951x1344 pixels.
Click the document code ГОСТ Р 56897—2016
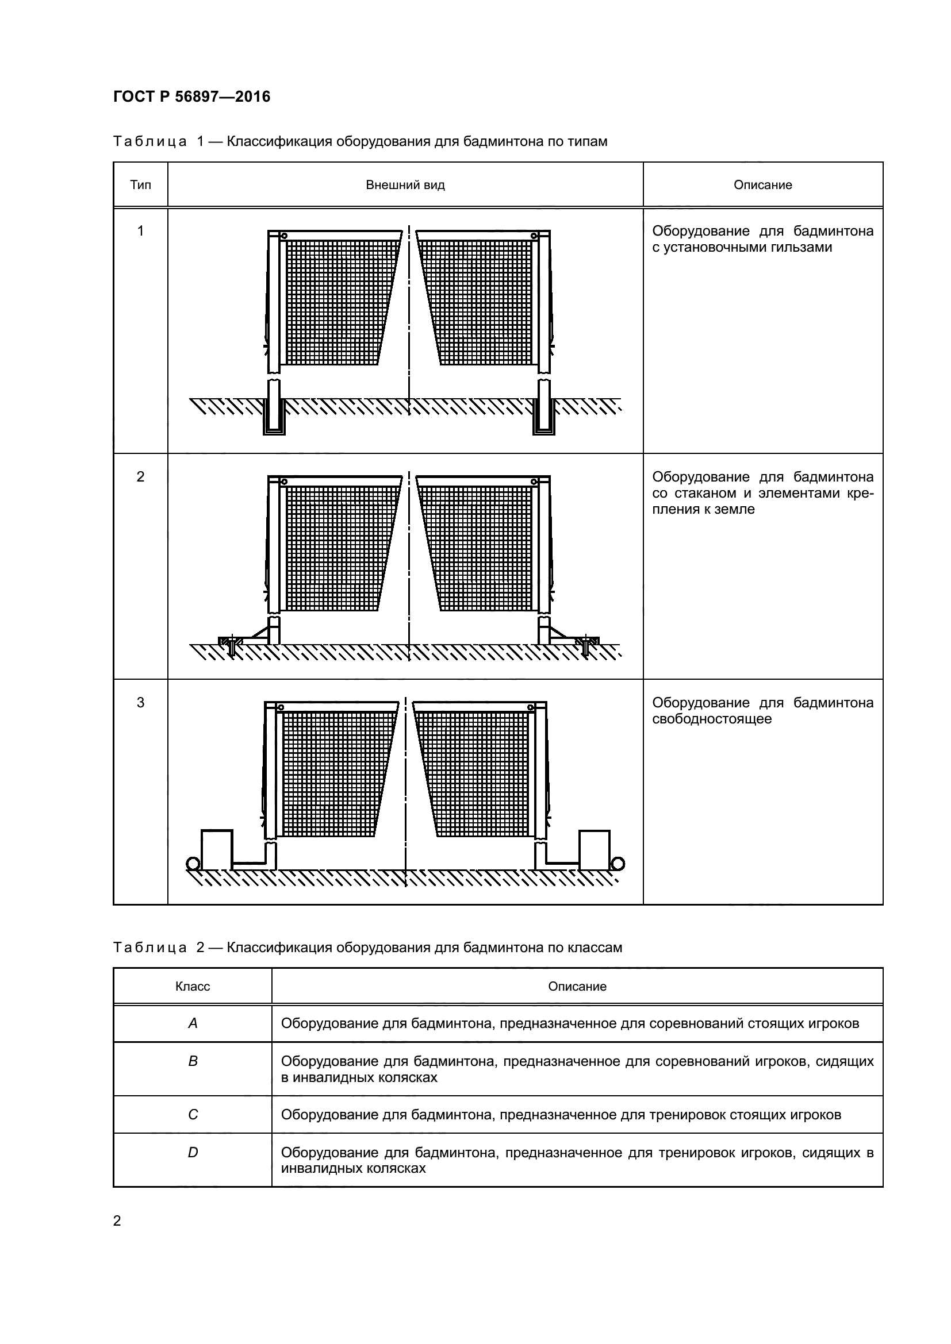point(191,97)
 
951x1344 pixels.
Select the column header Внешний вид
point(405,185)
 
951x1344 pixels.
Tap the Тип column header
point(140,185)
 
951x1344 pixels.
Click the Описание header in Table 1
point(762,185)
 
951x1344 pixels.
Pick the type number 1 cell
point(140,231)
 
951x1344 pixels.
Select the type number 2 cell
point(140,477)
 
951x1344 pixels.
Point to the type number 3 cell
point(140,702)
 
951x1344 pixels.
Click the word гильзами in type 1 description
point(802,247)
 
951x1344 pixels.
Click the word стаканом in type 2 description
point(708,493)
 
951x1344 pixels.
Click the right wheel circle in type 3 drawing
point(617,864)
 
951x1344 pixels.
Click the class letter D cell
point(193,1153)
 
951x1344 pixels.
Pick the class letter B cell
point(193,1061)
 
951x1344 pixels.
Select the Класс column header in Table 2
point(193,987)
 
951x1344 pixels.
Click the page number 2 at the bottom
point(117,1221)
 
